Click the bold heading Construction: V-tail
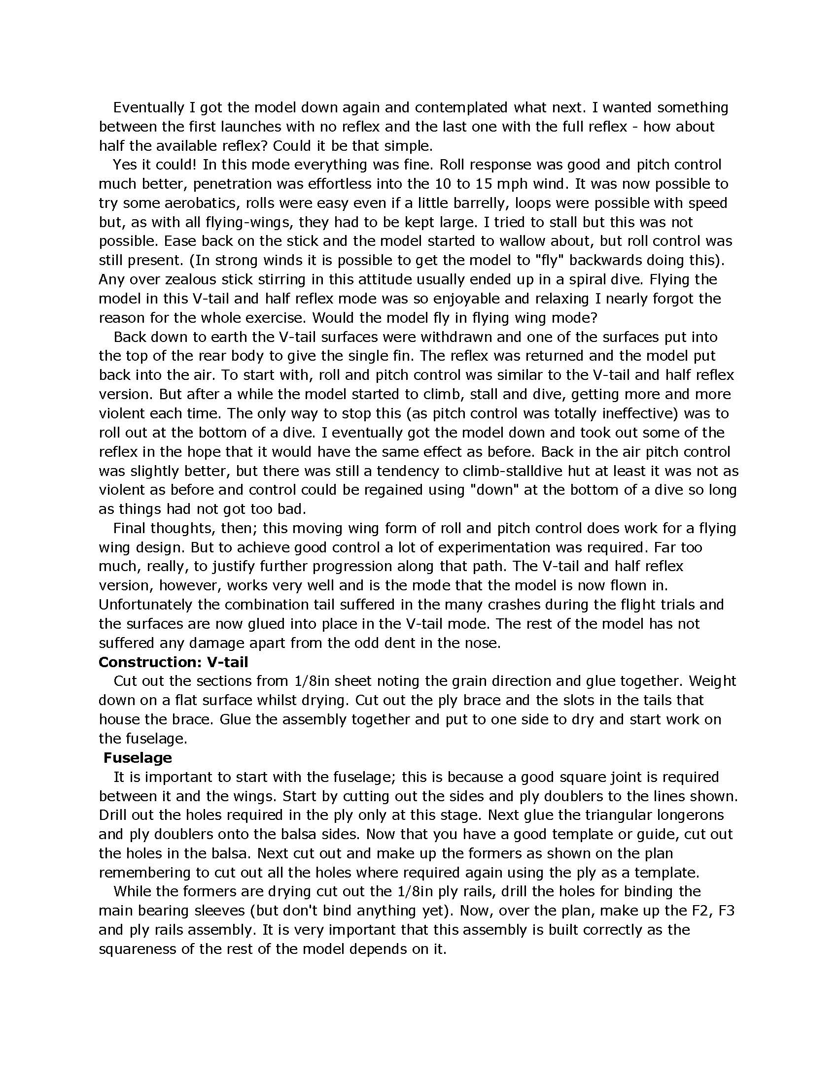point(173,662)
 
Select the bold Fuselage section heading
point(138,757)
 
